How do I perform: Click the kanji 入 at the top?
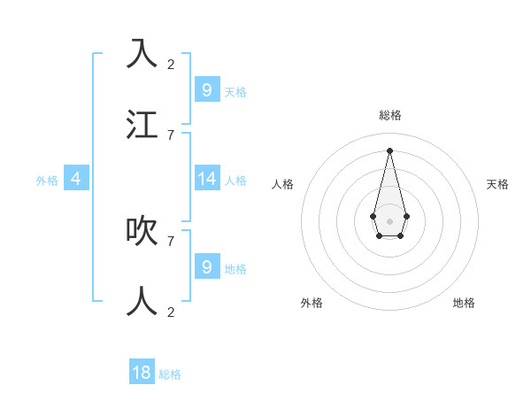pyautogui.click(x=142, y=54)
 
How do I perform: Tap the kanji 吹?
pyautogui.click(x=142, y=230)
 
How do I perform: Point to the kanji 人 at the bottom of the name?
pyautogui.click(x=142, y=301)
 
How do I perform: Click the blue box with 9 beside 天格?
pyautogui.click(x=206, y=89)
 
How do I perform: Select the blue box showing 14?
pyautogui.click(x=206, y=178)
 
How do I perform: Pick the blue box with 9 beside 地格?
pyautogui.click(x=206, y=266)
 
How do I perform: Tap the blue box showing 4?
pyautogui.click(x=75, y=178)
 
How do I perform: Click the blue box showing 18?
pyautogui.click(x=142, y=373)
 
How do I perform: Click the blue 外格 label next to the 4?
pyautogui.click(x=47, y=180)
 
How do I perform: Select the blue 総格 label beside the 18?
pyautogui.click(x=170, y=374)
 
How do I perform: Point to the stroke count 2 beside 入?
pyautogui.click(x=171, y=64)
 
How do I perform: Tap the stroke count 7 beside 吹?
pyautogui.click(x=171, y=241)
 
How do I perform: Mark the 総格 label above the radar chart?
pyautogui.click(x=390, y=115)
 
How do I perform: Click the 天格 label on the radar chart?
pyautogui.click(x=497, y=184)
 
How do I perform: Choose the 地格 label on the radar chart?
pyautogui.click(x=464, y=303)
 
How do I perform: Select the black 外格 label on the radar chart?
pyautogui.click(x=312, y=303)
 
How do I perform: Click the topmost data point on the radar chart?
pyautogui.click(x=389, y=150)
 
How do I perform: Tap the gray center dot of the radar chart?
pyautogui.click(x=389, y=220)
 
